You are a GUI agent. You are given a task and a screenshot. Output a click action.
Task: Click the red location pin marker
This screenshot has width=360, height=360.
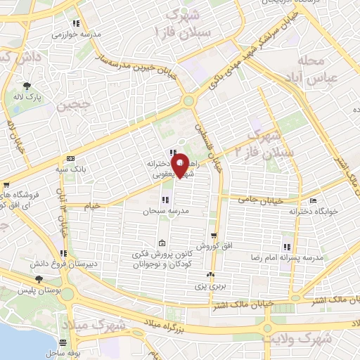(180, 165)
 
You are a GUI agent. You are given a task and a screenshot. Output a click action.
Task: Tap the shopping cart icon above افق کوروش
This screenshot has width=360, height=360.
(214, 236)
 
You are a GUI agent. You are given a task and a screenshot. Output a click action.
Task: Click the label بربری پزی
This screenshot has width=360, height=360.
(208, 287)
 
